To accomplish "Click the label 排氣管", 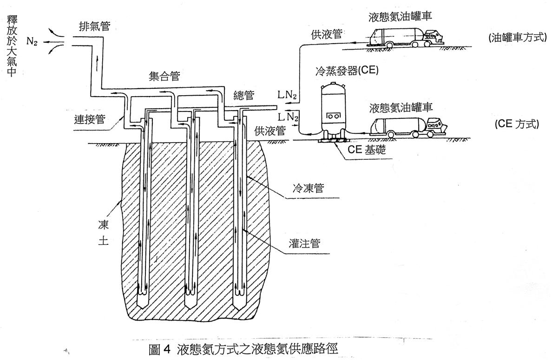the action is click(94, 26).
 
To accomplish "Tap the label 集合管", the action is click(164, 76).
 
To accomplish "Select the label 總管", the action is click(243, 95).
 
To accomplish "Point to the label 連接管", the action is click(90, 119).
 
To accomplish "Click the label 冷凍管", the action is click(309, 188).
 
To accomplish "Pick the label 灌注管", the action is click(304, 243).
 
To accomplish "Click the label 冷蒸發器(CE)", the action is click(347, 71).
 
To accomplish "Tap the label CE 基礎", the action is click(367, 149).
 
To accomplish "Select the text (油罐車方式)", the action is click(517, 37).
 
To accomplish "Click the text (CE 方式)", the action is click(516, 124).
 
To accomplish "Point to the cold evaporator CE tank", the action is click(333, 111).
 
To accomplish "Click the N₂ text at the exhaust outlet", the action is click(32, 42).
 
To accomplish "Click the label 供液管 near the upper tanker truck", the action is click(327, 34).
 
